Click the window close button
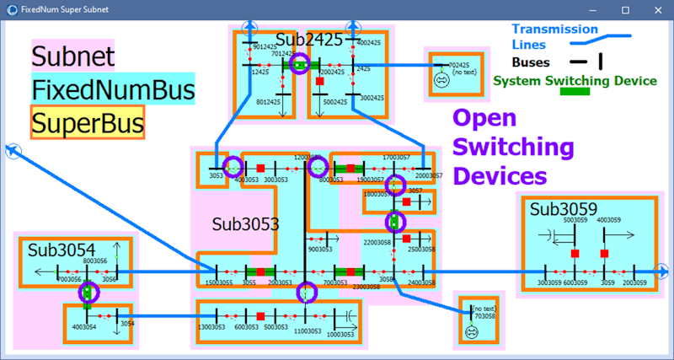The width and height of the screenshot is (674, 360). [x=657, y=9]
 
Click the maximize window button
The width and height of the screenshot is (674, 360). [x=626, y=9]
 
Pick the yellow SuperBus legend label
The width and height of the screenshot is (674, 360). [x=87, y=123]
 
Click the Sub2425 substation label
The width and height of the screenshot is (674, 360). [x=309, y=40]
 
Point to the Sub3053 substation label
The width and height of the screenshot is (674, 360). [x=245, y=224]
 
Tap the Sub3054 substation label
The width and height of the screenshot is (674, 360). [x=61, y=250]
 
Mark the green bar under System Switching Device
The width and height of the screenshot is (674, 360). [x=576, y=93]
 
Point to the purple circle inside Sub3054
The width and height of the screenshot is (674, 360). [x=87, y=293]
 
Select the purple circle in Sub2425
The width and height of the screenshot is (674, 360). [x=299, y=64]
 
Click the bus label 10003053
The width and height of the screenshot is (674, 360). [x=340, y=334]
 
